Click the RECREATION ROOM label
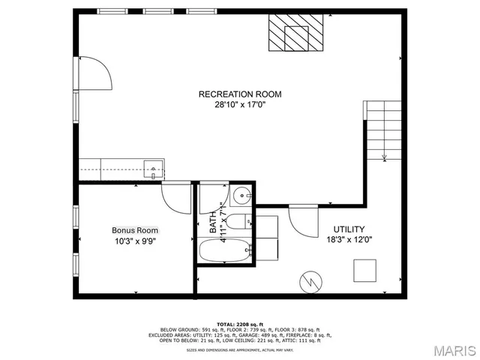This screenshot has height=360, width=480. click(239, 94)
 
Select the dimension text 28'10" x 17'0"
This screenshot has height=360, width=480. click(239, 105)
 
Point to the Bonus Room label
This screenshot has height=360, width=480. click(136, 230)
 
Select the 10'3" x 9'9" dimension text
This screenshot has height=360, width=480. click(136, 241)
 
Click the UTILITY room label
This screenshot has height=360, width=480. click(349, 229)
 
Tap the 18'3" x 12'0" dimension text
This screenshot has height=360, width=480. click(349, 240)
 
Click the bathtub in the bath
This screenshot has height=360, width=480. click(223, 250)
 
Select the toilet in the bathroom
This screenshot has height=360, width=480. click(240, 222)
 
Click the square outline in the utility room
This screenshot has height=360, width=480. click(365, 270)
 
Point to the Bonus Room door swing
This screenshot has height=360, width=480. click(176, 196)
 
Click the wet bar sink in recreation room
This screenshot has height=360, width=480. click(154, 169)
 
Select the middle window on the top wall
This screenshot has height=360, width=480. click(157, 11)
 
